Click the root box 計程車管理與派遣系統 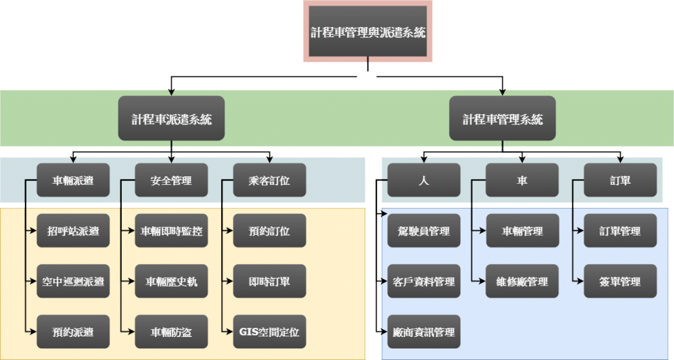[368, 32]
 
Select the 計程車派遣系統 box [171, 118]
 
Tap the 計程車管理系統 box [502, 118]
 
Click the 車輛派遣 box [73, 180]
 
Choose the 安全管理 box [171, 180]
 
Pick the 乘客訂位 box [269, 180]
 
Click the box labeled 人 [423, 180]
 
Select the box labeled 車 [522, 180]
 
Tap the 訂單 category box [620, 180]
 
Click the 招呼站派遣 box [73, 231]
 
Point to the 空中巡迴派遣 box [73, 282]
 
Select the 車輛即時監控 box [171, 231]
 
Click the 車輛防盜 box [171, 332]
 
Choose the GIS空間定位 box [269, 332]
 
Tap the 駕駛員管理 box [423, 231]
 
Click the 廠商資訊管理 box [423, 332]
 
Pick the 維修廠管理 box [522, 282]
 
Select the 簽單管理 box [620, 282]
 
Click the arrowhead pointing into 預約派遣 [33, 332]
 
